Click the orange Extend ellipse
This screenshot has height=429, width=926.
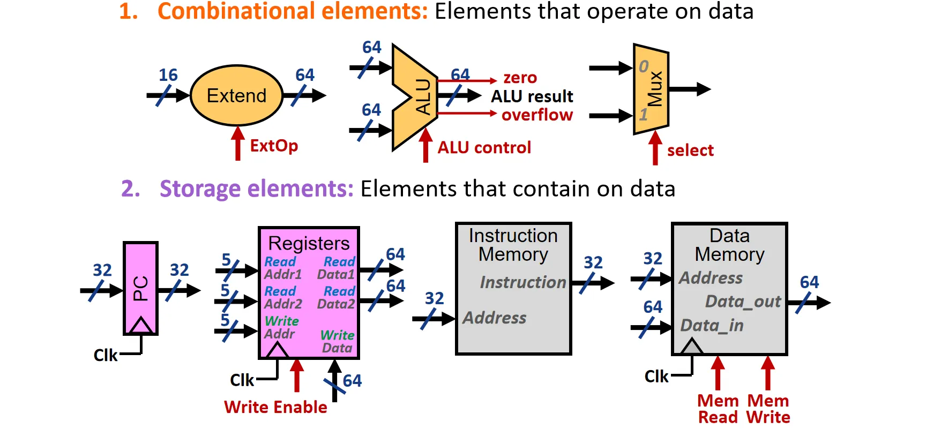[x=236, y=95]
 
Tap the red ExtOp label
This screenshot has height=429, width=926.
[x=274, y=146]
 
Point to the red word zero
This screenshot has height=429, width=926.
[x=520, y=78]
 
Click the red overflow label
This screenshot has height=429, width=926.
[x=537, y=115]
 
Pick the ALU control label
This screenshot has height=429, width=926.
[x=484, y=148]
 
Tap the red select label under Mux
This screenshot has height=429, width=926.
[x=690, y=150]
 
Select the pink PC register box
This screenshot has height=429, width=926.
[x=140, y=288]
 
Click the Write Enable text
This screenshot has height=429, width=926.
[x=275, y=407]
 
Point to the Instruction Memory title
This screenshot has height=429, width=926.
[x=513, y=245]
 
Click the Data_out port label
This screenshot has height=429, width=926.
[x=743, y=302]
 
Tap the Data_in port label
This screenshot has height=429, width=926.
[x=712, y=326]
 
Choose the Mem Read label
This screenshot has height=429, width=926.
[x=718, y=409]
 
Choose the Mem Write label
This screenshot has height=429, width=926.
[x=768, y=409]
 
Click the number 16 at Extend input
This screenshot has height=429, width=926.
[x=168, y=75]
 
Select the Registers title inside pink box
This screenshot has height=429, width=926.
[x=309, y=244]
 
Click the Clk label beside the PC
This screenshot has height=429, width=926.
[x=106, y=355]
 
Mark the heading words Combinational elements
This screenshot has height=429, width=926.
[x=293, y=11]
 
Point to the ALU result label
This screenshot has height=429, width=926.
[x=532, y=96]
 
